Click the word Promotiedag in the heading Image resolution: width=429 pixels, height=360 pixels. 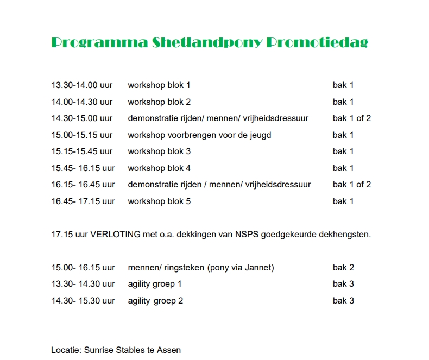pyautogui.click(x=318, y=43)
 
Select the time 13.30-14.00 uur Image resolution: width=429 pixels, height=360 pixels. pyautogui.click(x=82, y=85)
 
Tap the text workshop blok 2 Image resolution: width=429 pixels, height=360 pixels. pyautogui.click(x=159, y=102)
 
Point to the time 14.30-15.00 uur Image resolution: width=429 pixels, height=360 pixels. pyautogui.click(x=82, y=118)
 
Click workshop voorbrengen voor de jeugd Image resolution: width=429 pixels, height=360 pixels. pyautogui.click(x=199, y=135)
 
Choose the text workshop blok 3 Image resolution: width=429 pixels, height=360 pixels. pyautogui.click(x=159, y=151)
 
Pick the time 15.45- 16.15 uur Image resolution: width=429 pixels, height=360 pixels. pyautogui.click(x=83, y=168)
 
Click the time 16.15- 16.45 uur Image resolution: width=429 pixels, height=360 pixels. pyautogui.click(x=83, y=185)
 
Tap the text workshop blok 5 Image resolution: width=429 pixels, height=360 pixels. pyautogui.click(x=159, y=201)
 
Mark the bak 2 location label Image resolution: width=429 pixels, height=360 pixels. pyautogui.click(x=343, y=268)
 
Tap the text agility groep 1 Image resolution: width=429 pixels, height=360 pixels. pyautogui.click(x=155, y=284)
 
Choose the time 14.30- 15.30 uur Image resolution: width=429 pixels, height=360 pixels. pyautogui.click(x=83, y=301)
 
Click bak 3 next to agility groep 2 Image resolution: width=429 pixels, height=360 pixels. pyautogui.click(x=343, y=301)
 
